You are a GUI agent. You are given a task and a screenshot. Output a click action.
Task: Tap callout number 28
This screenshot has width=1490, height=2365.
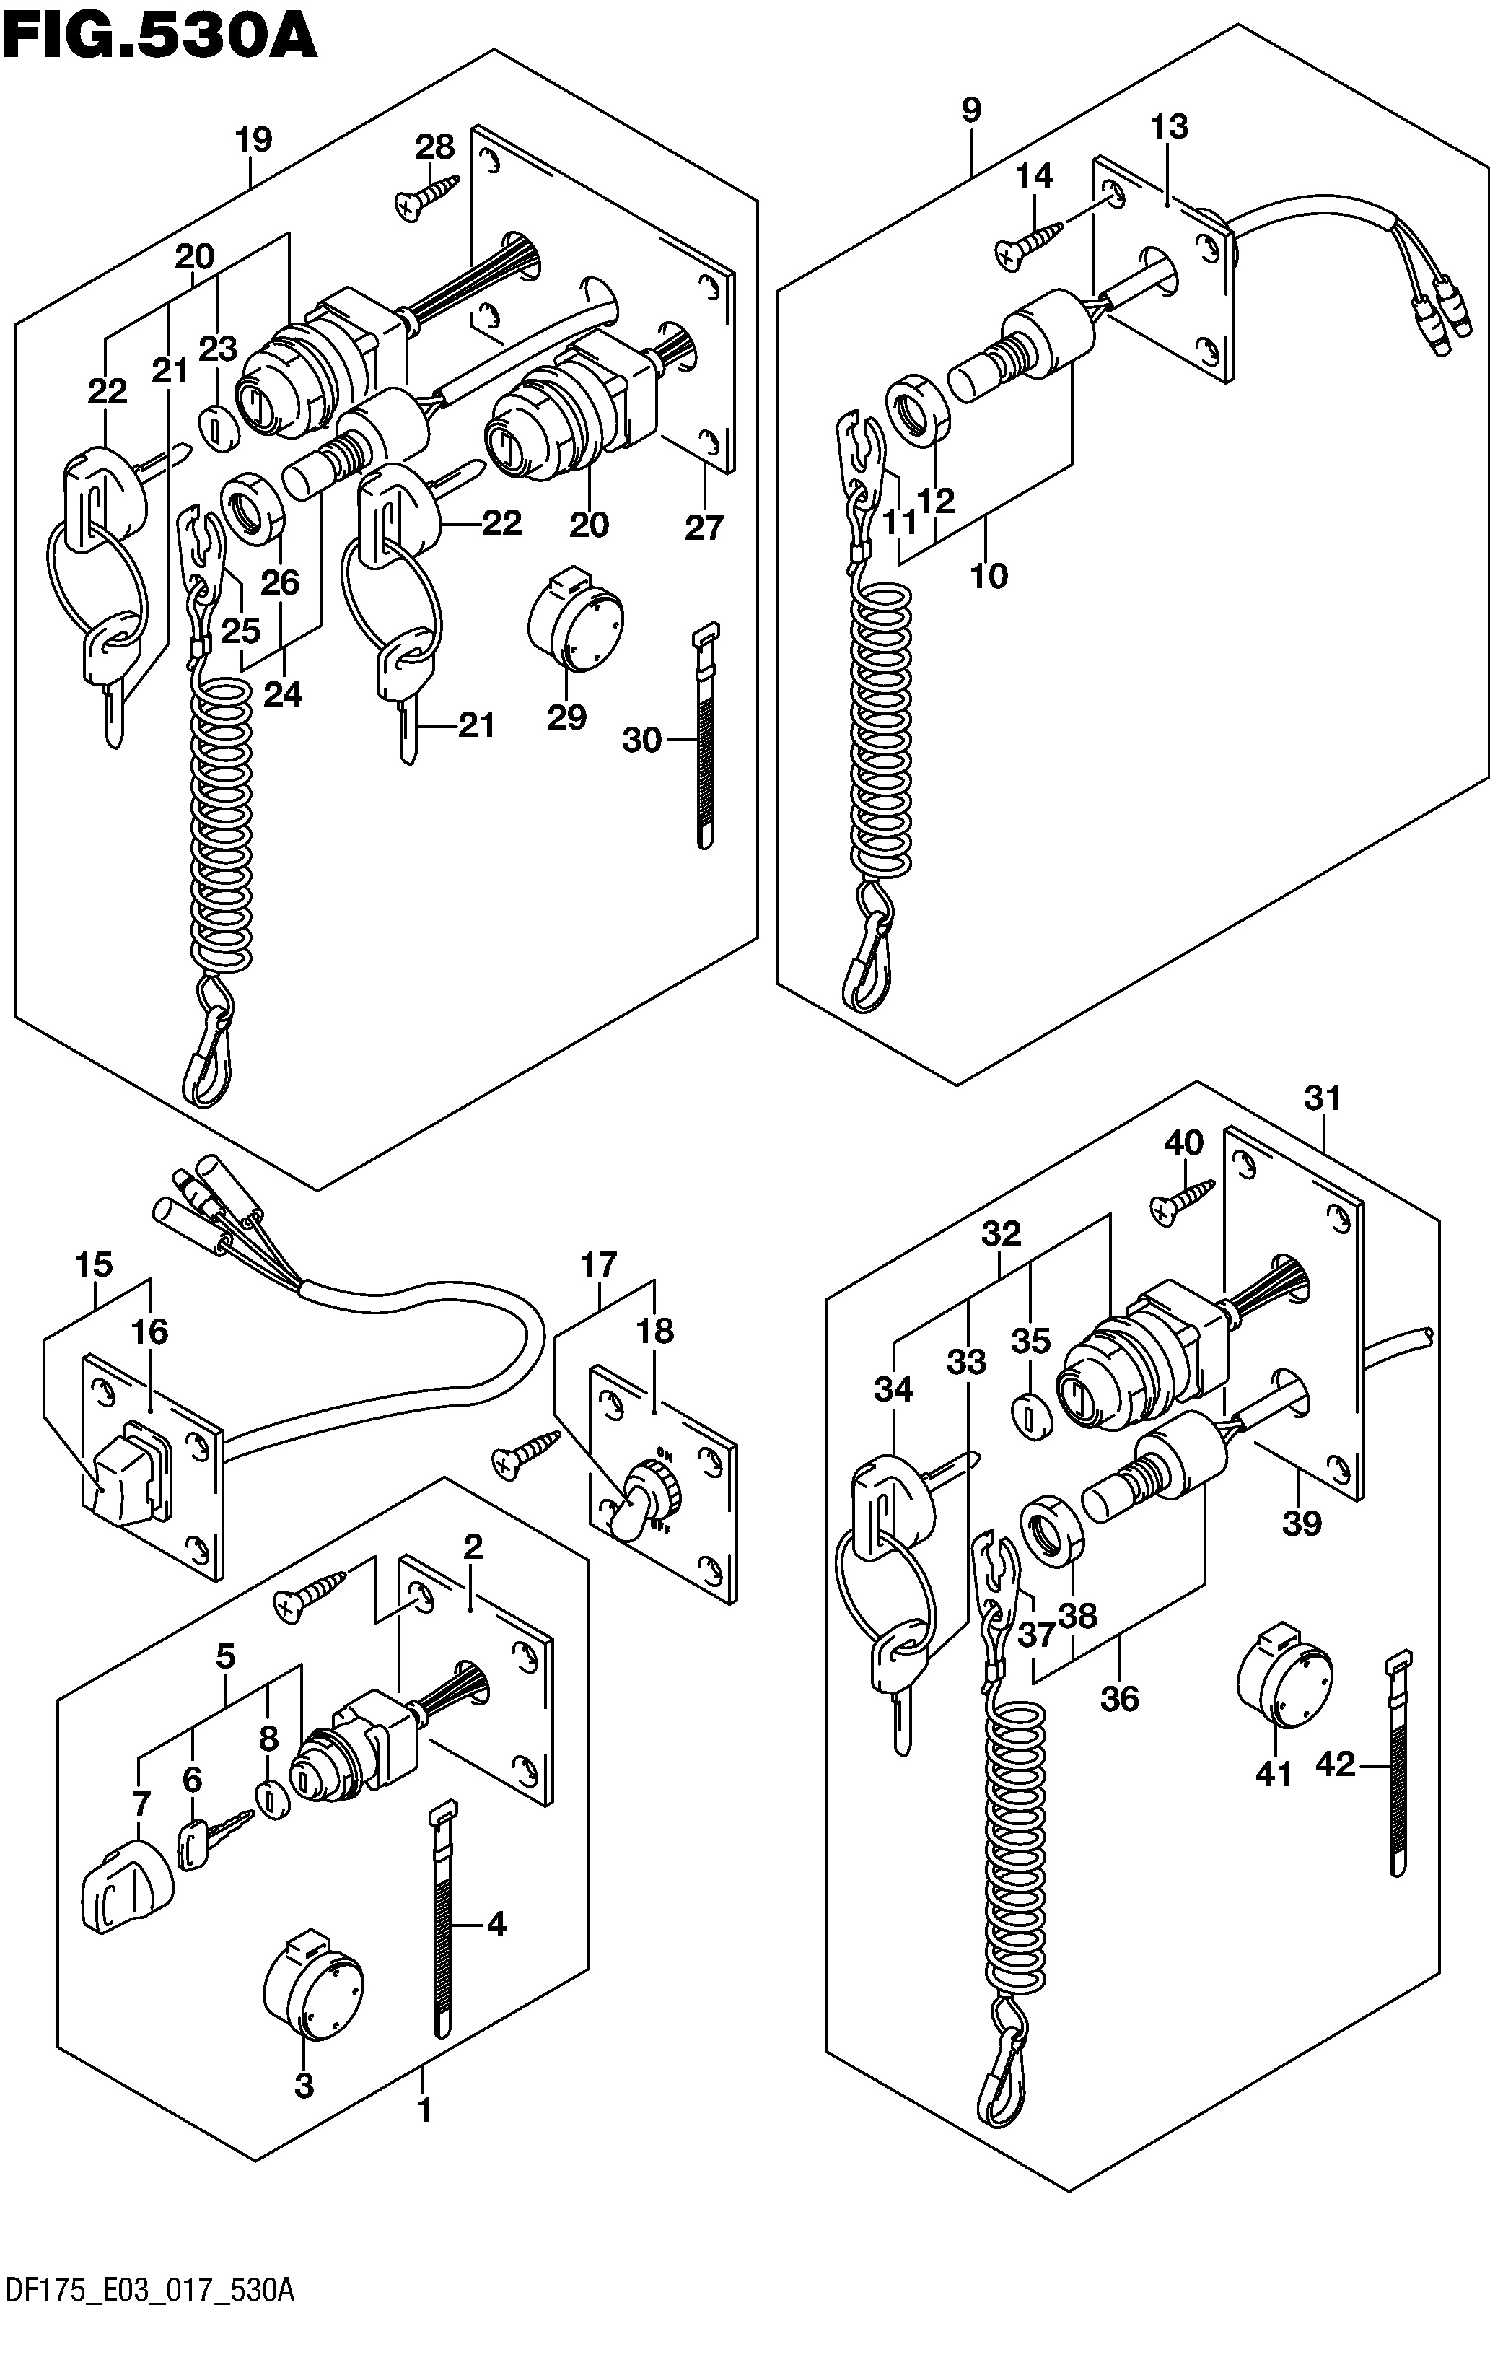(x=434, y=147)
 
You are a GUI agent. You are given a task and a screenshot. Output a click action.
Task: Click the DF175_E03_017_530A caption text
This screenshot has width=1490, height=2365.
(x=149, y=2340)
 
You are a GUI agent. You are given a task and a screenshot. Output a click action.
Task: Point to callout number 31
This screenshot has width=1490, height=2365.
(x=1322, y=1098)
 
